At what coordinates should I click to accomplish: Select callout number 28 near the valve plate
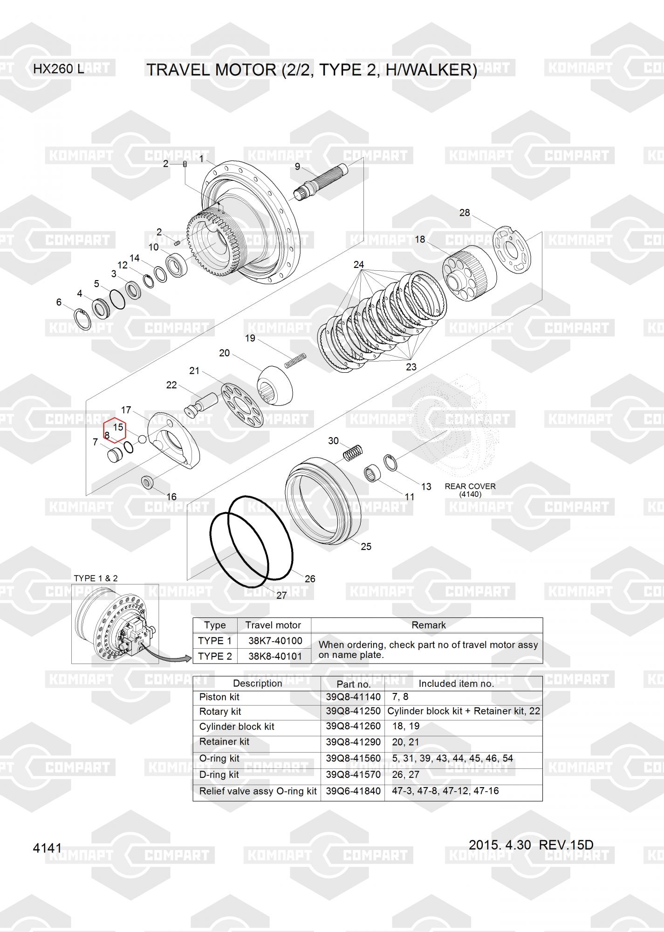click(x=465, y=213)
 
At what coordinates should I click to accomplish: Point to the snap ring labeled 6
click(x=83, y=319)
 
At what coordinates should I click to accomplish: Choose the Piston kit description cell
click(x=219, y=697)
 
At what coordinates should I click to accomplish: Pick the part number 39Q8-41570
click(x=353, y=774)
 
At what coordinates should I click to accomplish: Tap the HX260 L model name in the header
click(x=59, y=69)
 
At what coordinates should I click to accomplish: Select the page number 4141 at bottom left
click(x=47, y=848)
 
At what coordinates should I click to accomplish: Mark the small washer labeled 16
click(x=149, y=482)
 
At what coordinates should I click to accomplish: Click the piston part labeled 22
click(x=201, y=404)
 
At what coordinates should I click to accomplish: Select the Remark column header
click(x=429, y=625)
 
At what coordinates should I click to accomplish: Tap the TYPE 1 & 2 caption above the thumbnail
click(x=96, y=578)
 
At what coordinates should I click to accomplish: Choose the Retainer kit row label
click(x=224, y=741)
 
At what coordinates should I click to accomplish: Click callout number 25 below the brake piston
click(x=366, y=546)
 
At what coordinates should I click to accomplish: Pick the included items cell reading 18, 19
click(x=406, y=726)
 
